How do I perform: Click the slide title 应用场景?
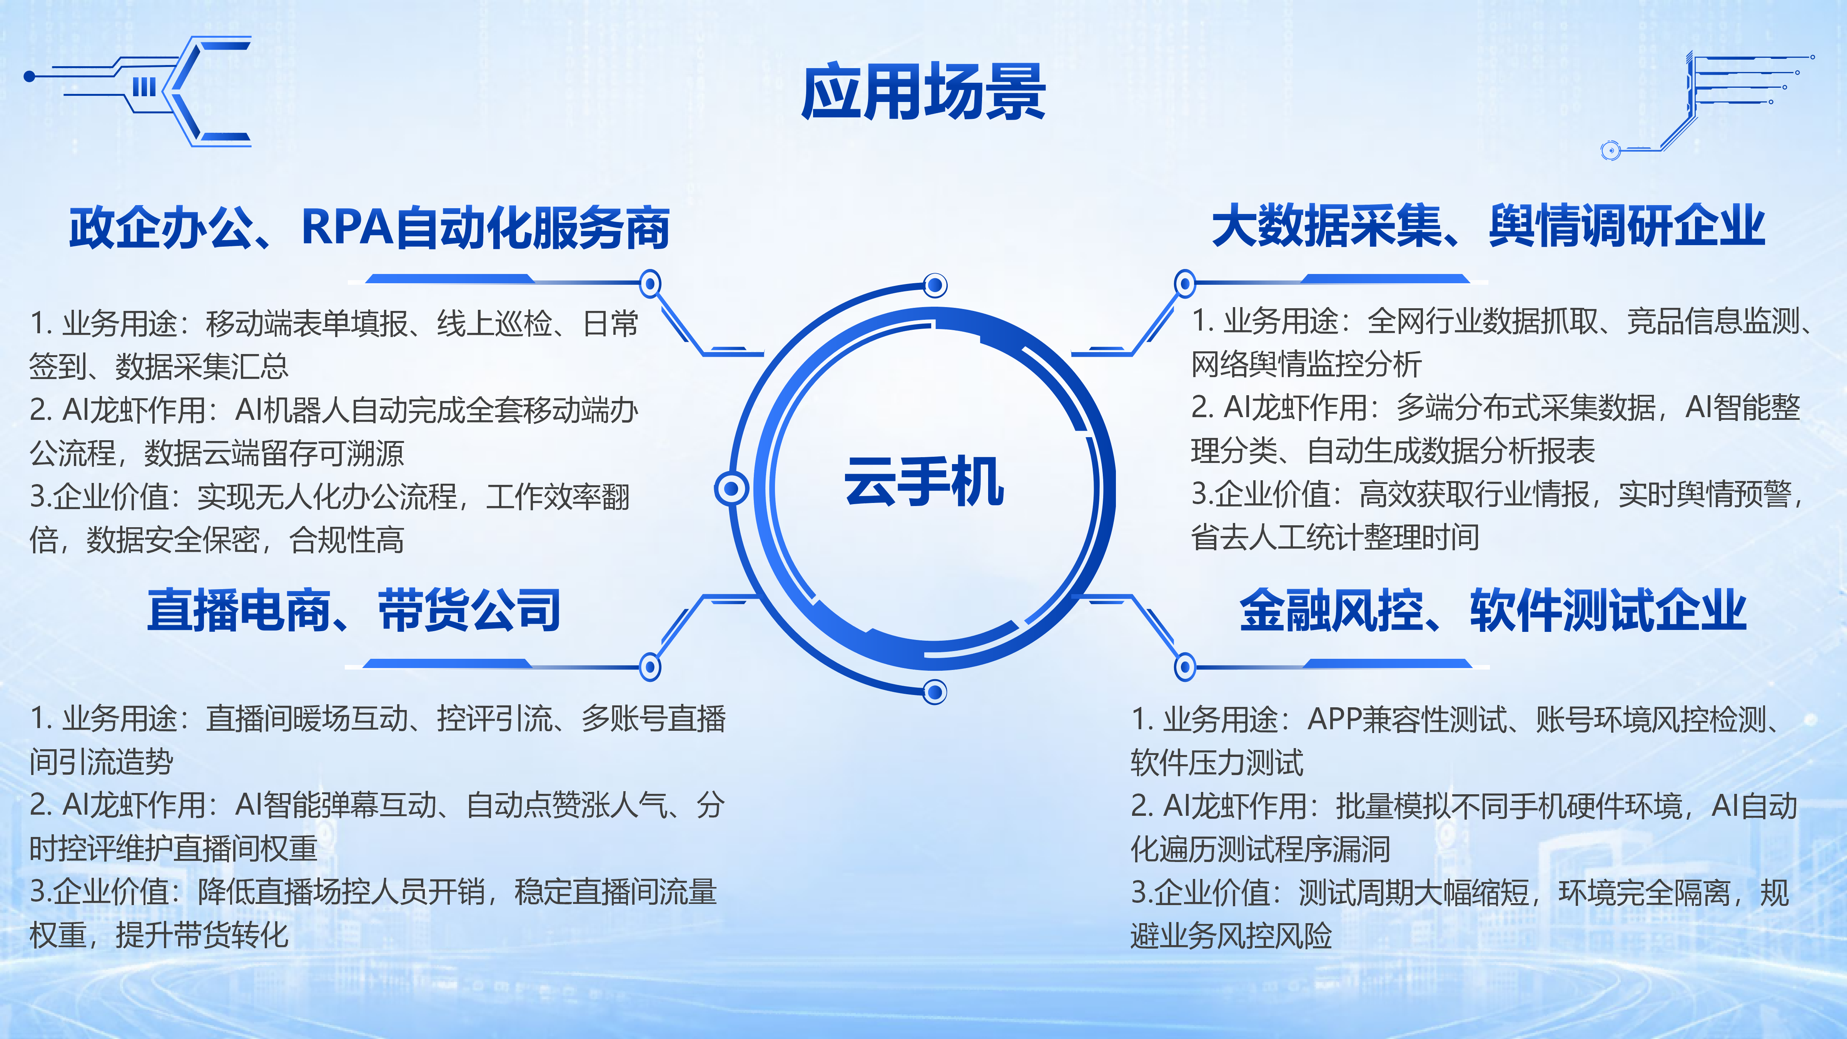[923, 92]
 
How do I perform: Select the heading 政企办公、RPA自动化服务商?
[369, 227]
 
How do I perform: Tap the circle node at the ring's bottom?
[934, 692]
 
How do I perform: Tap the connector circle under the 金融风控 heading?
[1184, 667]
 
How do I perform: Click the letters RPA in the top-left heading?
[348, 227]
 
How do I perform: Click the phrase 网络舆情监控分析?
[1306, 364]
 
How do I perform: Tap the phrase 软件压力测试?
[1217, 762]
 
